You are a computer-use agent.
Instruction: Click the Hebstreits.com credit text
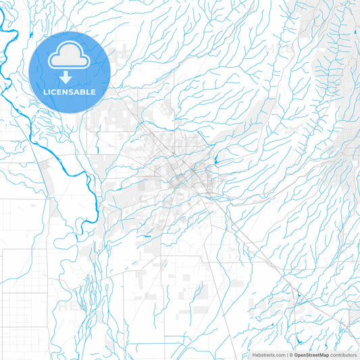267,355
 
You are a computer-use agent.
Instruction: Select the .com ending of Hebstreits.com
278,355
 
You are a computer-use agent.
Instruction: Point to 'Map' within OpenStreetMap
324,355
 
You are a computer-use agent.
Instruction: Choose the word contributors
344,355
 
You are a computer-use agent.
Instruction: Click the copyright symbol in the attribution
292,355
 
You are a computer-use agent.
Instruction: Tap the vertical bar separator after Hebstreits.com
287,355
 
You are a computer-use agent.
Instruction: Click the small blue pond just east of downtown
215,161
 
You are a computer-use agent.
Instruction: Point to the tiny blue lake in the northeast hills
354,32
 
